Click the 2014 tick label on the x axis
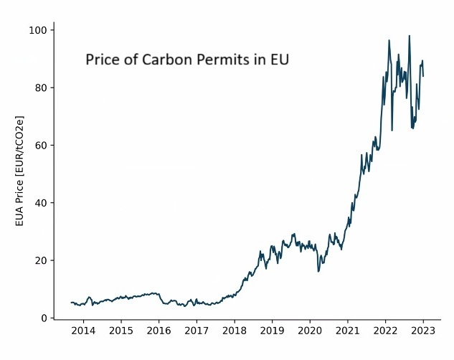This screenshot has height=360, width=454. (83, 331)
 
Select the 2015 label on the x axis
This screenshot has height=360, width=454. (120, 331)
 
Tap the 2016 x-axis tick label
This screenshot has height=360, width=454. (159, 331)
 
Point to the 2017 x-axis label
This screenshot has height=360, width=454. (197, 331)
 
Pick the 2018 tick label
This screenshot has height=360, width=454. (234, 331)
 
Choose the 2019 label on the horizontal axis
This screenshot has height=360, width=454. (272, 331)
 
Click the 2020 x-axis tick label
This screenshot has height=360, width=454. (310, 331)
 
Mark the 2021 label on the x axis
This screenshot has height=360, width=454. (348, 331)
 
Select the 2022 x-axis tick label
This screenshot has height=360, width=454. (385, 331)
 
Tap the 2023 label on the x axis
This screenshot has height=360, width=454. (423, 331)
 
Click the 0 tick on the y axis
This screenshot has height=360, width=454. (44, 318)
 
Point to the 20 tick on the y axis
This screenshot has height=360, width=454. (41, 260)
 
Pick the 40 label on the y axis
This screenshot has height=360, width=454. (41, 203)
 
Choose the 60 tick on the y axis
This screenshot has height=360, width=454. (41, 146)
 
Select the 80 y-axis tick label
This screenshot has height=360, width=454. (41, 87)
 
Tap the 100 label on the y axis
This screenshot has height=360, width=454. (38, 30)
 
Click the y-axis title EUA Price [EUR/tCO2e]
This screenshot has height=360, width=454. (20, 171)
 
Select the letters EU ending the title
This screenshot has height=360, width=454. (279, 60)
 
